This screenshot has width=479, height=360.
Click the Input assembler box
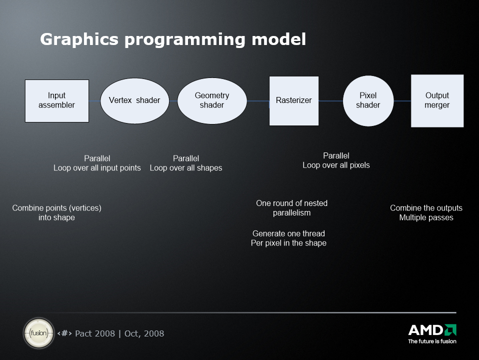(x=57, y=101)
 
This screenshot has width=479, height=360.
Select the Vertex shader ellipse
(x=134, y=101)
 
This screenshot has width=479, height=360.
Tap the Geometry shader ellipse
(x=212, y=101)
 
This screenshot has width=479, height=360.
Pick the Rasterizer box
(x=294, y=101)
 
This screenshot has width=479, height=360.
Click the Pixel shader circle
(x=368, y=101)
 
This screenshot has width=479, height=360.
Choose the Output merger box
(x=437, y=101)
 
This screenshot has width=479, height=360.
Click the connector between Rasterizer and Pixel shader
(x=331, y=101)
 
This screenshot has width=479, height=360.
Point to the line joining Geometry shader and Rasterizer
(x=258, y=101)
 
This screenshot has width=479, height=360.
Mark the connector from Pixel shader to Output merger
(x=402, y=101)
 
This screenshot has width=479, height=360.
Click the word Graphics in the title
(x=79, y=39)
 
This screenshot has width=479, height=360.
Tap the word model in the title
(x=278, y=39)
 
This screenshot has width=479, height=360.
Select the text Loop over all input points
(x=97, y=168)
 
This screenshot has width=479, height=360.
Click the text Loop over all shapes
(x=186, y=168)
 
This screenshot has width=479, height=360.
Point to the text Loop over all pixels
(x=336, y=165)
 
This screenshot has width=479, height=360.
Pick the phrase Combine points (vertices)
(x=57, y=208)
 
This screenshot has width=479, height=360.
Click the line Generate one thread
(x=288, y=233)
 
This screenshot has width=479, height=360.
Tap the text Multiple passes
(x=426, y=217)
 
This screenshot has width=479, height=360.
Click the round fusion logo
(x=39, y=333)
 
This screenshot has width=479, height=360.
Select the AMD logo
(x=432, y=333)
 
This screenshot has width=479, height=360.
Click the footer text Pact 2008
(x=95, y=333)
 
